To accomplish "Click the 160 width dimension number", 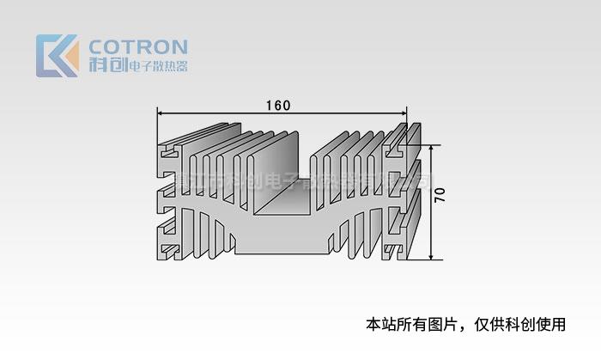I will (x=277, y=106).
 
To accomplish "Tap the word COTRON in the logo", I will (x=138, y=46).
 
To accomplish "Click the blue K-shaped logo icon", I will (x=57, y=56).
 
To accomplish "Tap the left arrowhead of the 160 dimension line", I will (x=160, y=113).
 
